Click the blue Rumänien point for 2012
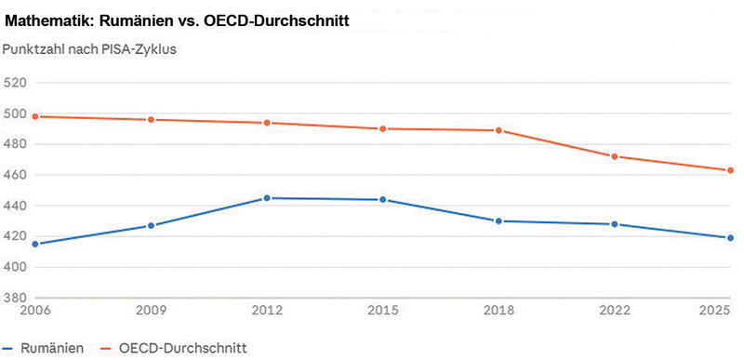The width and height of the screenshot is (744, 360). coord(267,198)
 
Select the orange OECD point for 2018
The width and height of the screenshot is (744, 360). coord(498,130)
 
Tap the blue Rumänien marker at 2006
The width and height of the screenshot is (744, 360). coord(35,244)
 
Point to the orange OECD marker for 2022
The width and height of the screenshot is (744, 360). coord(615,156)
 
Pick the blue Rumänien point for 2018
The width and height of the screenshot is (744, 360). coord(498,221)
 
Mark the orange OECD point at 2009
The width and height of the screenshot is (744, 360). coord(151,119)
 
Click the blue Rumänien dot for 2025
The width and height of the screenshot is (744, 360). coord(730,237)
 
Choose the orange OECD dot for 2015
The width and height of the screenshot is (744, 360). coord(382,128)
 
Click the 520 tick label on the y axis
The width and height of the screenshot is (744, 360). coord(14,83)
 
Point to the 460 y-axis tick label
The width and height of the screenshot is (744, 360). coord(14,175)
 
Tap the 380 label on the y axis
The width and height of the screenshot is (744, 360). coord(14,298)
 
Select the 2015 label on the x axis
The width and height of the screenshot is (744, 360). coord(383,311)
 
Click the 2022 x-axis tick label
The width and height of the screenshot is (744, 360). coord(615,311)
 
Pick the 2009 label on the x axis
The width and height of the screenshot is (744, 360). coord(152,311)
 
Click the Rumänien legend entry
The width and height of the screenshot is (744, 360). coord(43,348)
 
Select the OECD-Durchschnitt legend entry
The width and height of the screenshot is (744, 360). coord(174,348)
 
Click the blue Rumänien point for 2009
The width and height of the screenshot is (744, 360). coord(151,225)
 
